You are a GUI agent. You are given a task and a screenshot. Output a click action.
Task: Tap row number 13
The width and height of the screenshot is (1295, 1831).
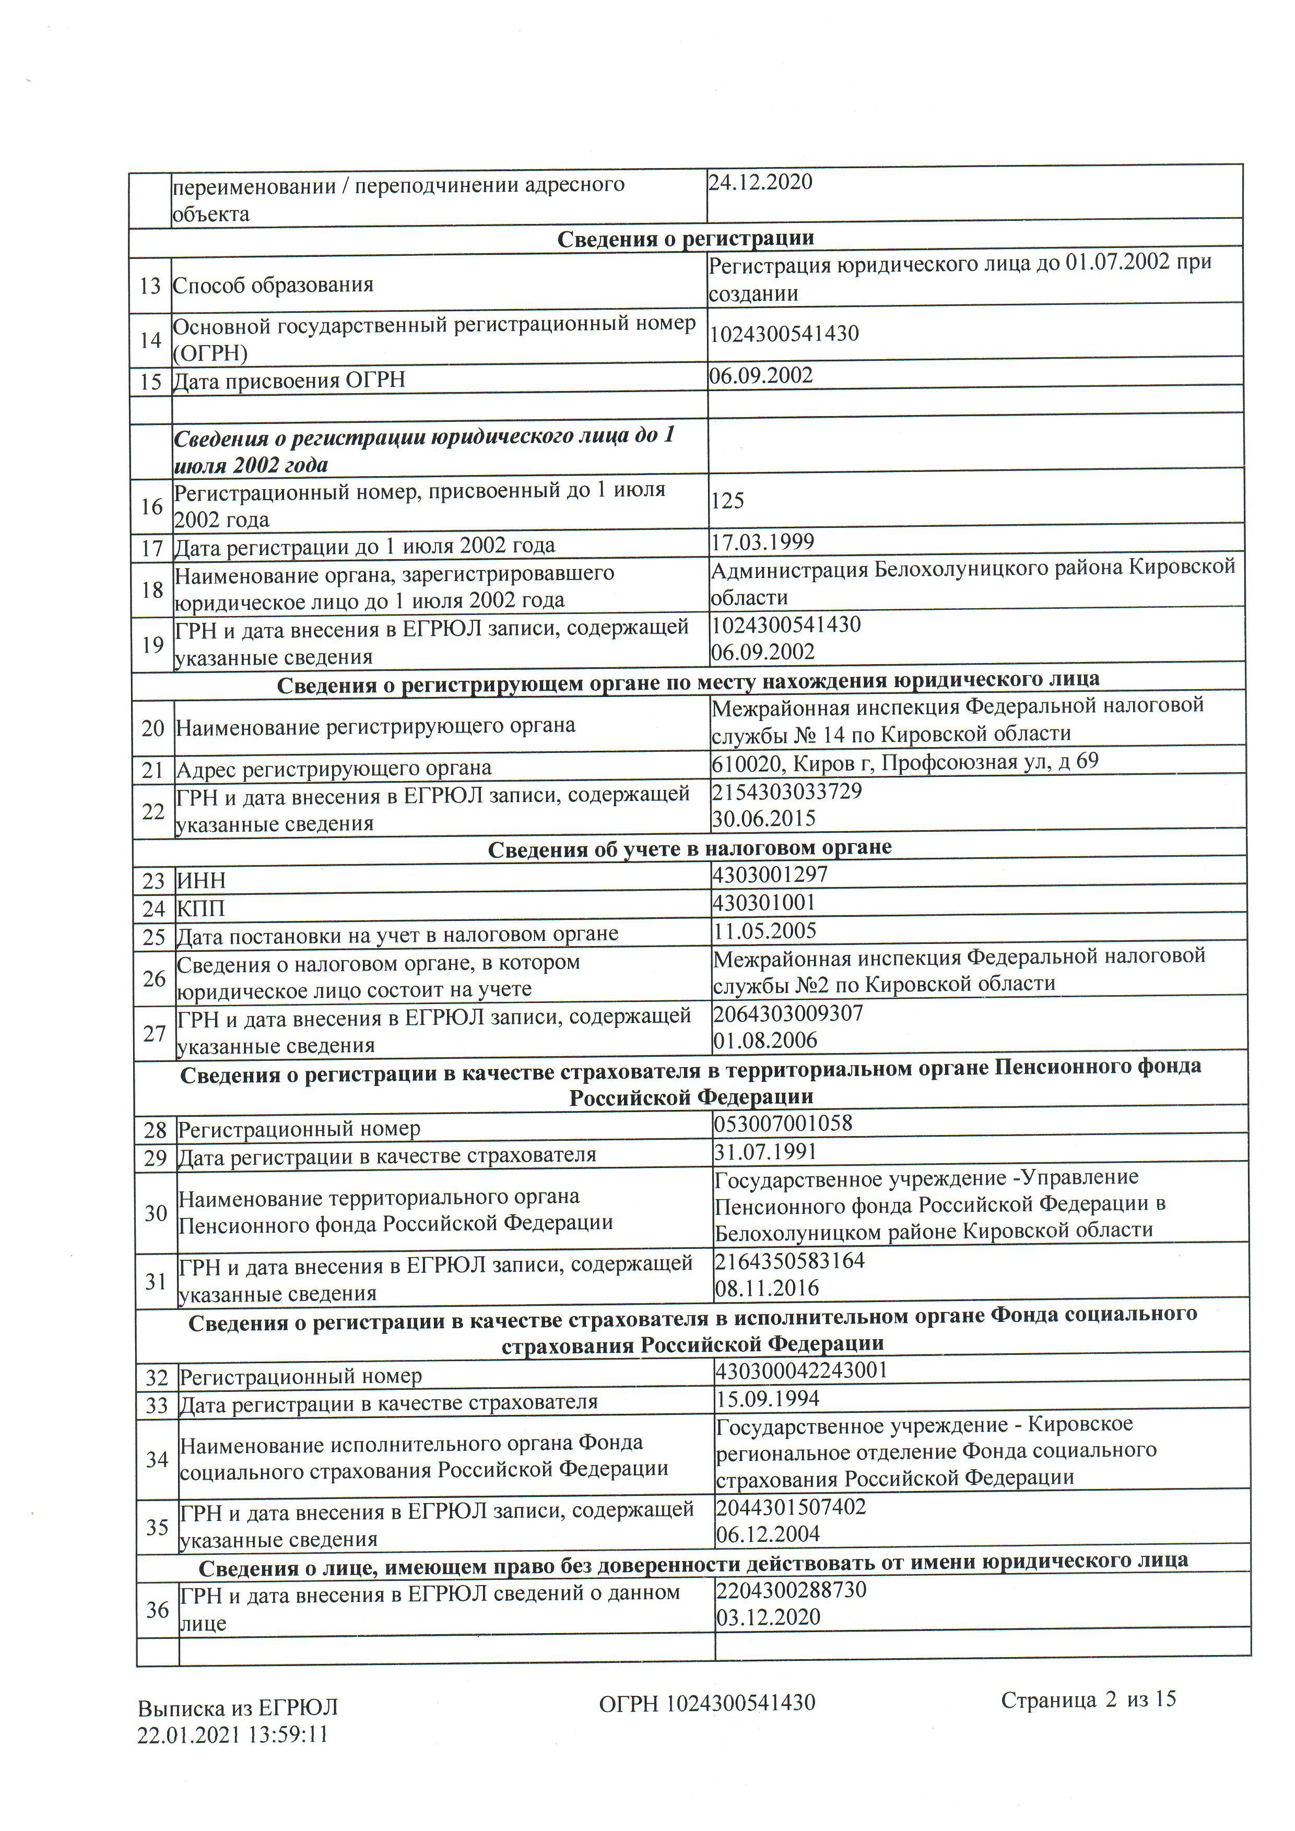point(150,286)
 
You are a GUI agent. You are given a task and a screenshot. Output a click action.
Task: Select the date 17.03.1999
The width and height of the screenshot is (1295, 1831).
point(762,542)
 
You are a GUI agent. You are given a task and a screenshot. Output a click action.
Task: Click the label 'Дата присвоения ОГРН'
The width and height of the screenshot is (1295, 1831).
point(289,381)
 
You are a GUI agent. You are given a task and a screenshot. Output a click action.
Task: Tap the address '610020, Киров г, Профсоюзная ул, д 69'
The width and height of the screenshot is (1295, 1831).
point(904,762)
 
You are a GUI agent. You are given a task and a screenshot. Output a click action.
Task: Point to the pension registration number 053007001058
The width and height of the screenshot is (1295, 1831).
point(783,1124)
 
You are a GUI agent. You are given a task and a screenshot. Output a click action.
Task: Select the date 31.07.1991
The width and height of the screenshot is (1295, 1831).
point(766,1152)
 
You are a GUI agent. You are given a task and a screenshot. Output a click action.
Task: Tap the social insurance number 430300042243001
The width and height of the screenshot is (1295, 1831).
point(802,1370)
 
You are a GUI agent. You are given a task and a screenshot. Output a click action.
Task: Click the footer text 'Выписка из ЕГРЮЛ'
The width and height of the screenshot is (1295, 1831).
point(238,1707)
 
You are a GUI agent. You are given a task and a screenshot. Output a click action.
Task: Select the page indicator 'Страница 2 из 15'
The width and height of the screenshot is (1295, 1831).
point(1088,1700)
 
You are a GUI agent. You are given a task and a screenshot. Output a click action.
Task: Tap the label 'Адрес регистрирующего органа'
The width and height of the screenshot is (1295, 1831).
point(333,769)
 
